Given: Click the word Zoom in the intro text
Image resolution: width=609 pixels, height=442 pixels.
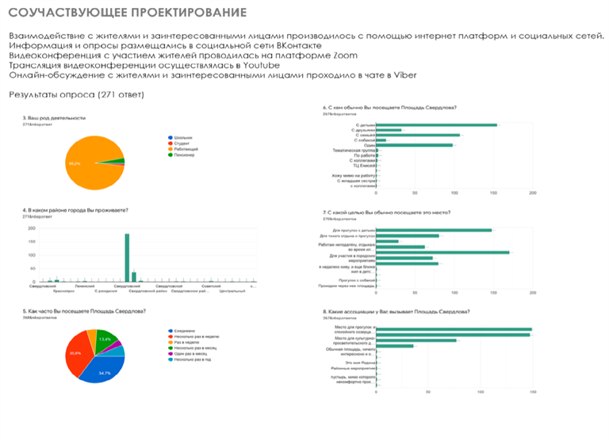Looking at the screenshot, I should (x=344, y=55).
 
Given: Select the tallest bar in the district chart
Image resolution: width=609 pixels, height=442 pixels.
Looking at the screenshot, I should (x=127, y=257).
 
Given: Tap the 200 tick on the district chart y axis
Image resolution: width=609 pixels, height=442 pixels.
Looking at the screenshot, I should (x=32, y=228).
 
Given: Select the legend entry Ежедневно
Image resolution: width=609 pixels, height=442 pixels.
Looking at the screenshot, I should (x=185, y=330).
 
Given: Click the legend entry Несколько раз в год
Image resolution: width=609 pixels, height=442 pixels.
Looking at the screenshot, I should (x=192, y=359).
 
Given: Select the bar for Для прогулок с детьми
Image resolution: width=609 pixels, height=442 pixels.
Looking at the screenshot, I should (x=433, y=231).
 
